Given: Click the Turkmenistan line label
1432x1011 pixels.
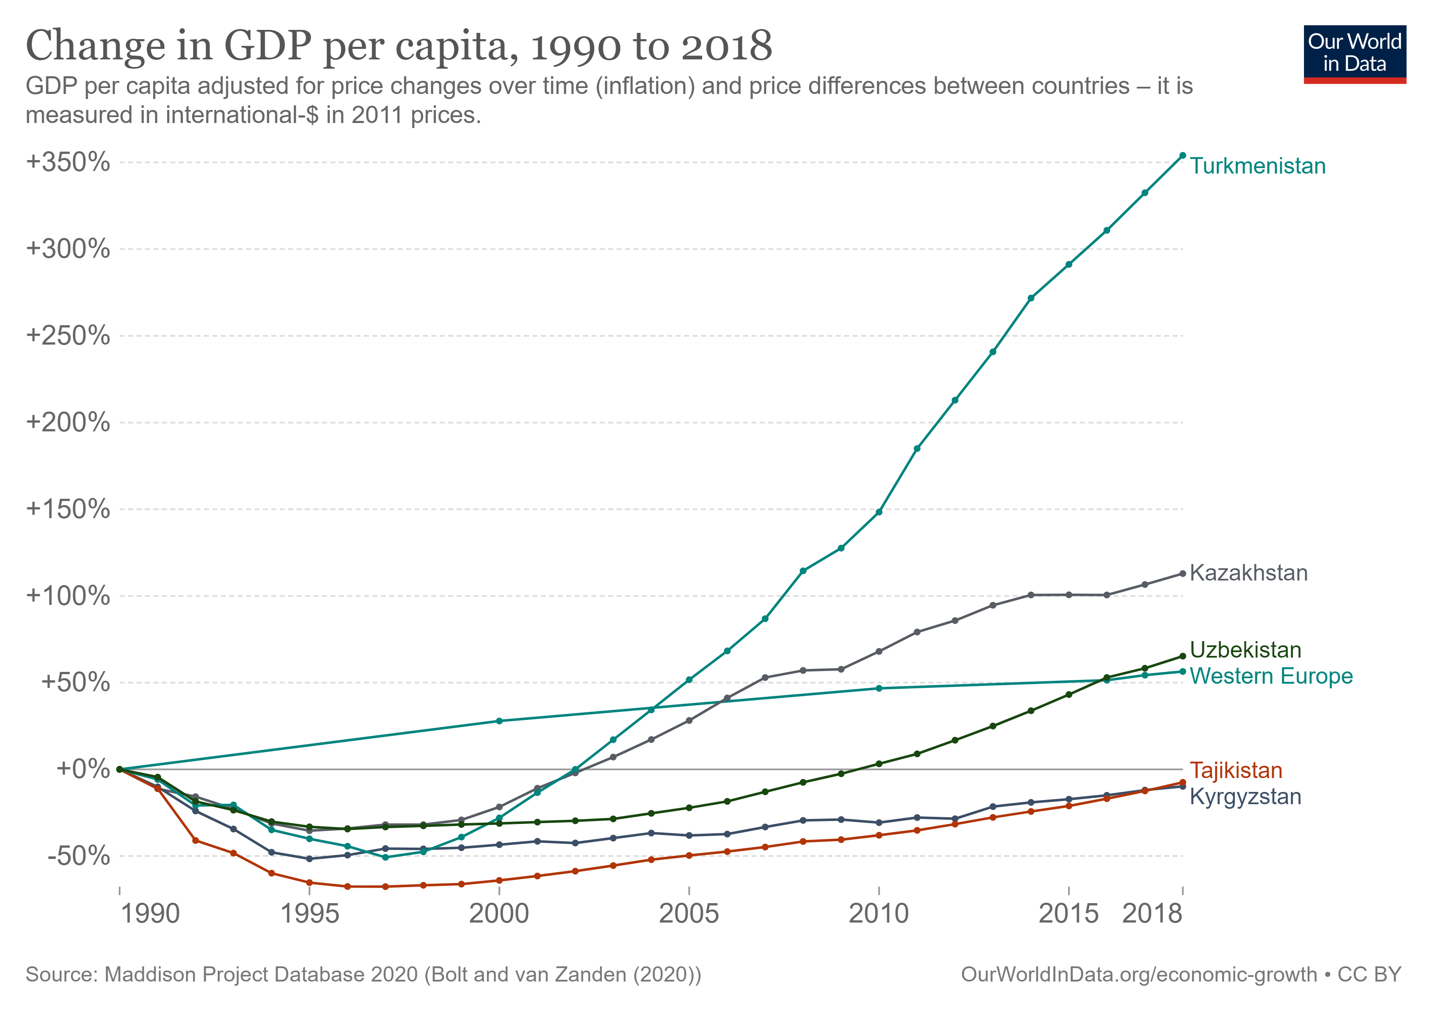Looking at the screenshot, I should tap(1257, 166).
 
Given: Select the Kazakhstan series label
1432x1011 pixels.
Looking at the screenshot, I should tap(1248, 573).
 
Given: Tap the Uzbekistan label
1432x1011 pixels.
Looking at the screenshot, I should tap(1245, 650).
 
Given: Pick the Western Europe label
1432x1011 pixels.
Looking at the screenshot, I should tap(1270, 677).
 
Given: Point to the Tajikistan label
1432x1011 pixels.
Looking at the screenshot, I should tap(1236, 771).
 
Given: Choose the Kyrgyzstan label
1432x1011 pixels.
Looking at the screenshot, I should tap(1245, 797).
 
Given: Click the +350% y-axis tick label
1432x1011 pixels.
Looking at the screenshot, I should tap(68, 162).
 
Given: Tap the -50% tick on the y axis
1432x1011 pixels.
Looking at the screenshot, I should tap(79, 856).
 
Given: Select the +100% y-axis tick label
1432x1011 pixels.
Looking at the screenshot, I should tap(68, 596).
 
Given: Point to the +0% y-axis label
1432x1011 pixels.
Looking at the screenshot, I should tap(83, 769).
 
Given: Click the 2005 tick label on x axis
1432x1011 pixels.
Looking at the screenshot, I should tap(689, 915).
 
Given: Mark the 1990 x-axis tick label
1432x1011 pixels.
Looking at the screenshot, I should tap(150, 915).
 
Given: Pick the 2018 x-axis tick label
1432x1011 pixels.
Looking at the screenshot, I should tap(1152, 915).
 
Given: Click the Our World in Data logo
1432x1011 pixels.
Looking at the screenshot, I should tap(1355, 53).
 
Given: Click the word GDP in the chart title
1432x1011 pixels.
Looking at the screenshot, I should tap(267, 46).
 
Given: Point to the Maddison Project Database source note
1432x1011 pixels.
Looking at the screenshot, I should tap(363, 974).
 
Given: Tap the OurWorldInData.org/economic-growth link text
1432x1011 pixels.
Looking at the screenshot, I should tap(1138, 974).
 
